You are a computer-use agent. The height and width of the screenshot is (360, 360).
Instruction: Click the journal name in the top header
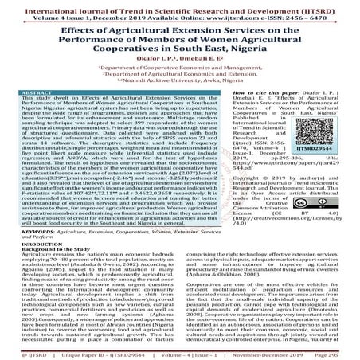[x=179, y=6]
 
